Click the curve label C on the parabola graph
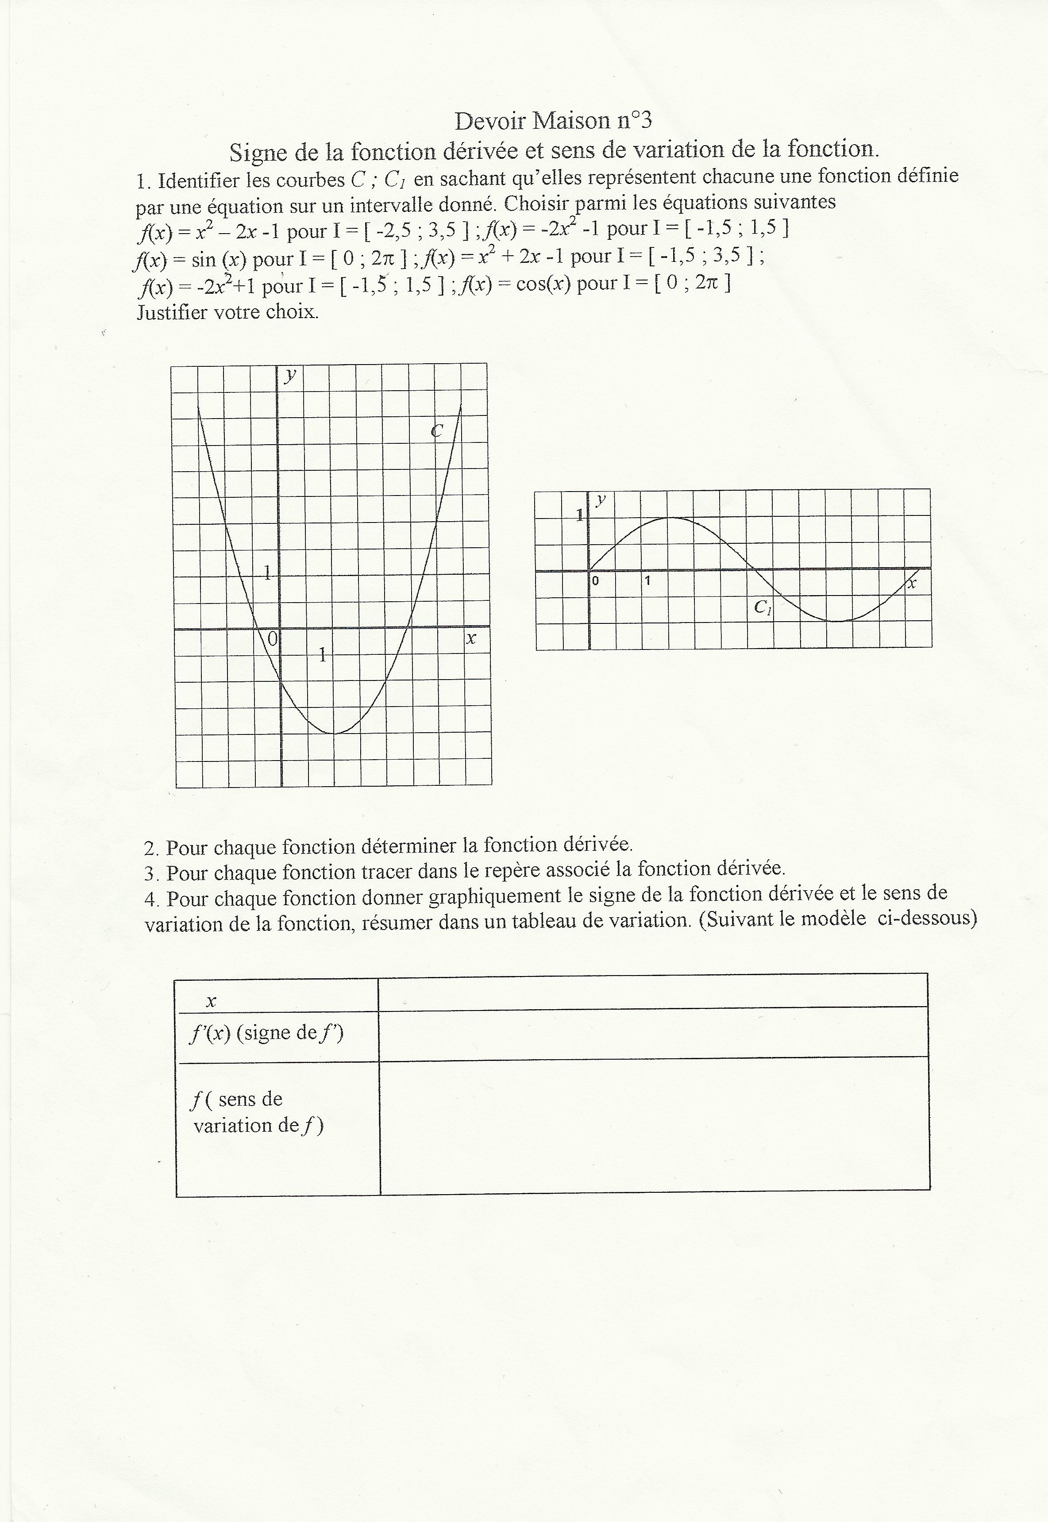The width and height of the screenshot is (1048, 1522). point(437,430)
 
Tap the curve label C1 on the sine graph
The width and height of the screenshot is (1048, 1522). point(763,607)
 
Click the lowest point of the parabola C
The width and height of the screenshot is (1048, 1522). point(334,733)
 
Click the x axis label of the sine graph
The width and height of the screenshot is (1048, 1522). point(911,582)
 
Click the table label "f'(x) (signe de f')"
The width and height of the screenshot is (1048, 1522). point(266,1032)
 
